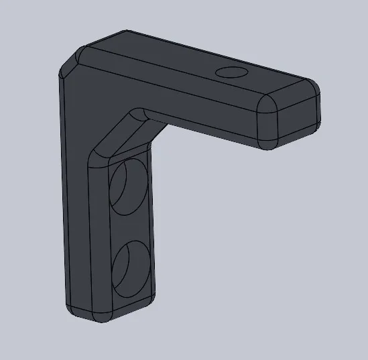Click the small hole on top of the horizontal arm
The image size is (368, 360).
pyautogui.click(x=231, y=72)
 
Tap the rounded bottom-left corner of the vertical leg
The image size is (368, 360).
pyautogui.click(x=72, y=308)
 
